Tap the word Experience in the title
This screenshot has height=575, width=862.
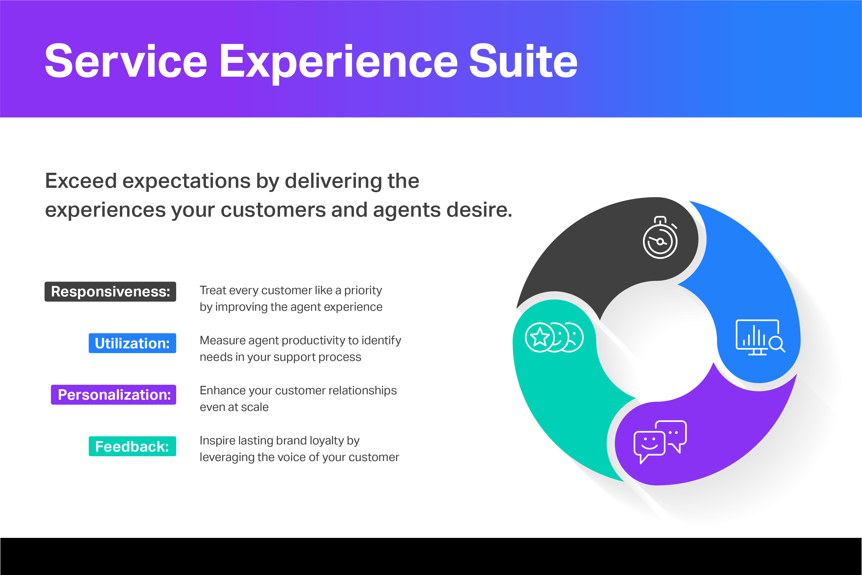coord(338,62)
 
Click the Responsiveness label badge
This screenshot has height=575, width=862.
coord(110,292)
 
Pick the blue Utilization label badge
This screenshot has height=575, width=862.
coord(132,343)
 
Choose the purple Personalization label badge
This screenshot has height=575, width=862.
coord(114,395)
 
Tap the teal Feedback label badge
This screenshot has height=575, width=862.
coord(132,446)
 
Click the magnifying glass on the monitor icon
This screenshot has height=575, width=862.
coord(776,344)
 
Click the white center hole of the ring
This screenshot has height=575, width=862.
coord(657,341)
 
